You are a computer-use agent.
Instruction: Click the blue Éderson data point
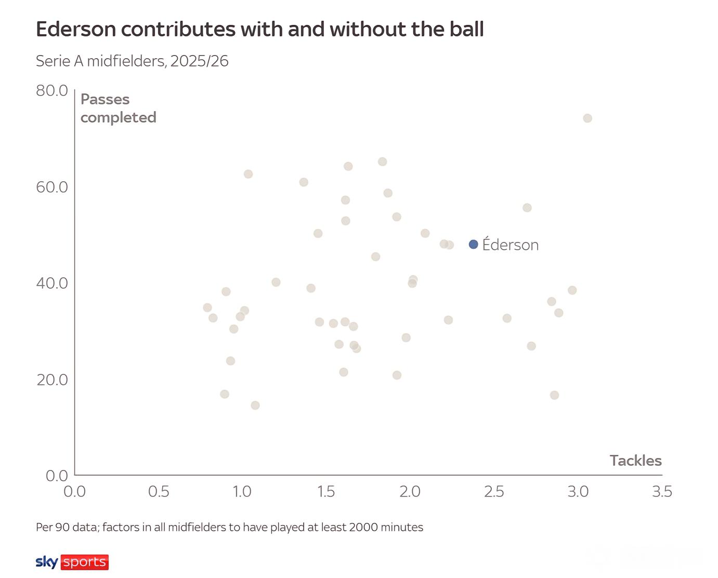click(x=474, y=244)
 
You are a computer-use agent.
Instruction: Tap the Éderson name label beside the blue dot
click(x=511, y=244)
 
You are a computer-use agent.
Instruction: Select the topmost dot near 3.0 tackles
click(x=588, y=118)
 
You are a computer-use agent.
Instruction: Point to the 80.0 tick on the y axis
click(x=52, y=90)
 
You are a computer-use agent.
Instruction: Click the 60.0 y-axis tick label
click(x=52, y=187)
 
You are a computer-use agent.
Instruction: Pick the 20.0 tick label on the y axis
click(x=52, y=380)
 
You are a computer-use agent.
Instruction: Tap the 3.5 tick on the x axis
click(x=662, y=491)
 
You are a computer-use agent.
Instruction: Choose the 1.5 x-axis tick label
click(x=326, y=491)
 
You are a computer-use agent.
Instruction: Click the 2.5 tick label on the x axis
click(x=494, y=491)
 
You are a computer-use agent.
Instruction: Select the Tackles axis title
click(x=635, y=460)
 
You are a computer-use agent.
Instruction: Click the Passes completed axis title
click(x=119, y=109)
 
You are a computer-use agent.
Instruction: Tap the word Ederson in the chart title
click(x=76, y=29)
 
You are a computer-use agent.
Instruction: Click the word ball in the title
click(x=466, y=29)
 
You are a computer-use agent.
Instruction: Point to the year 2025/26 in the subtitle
click(x=199, y=61)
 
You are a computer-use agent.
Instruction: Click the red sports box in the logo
click(x=84, y=562)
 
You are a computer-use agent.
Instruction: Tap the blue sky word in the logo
click(x=47, y=562)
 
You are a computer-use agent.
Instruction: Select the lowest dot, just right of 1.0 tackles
click(x=255, y=406)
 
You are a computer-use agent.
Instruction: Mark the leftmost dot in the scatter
click(x=207, y=307)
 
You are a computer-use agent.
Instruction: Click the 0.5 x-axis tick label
click(x=159, y=491)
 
